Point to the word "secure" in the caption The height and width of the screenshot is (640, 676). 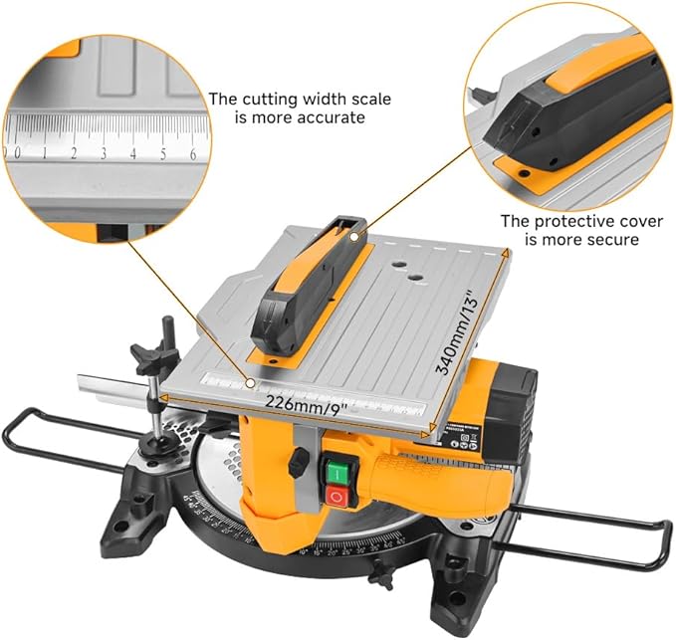tap(613, 240)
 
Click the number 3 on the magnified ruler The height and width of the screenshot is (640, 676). tap(103, 153)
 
